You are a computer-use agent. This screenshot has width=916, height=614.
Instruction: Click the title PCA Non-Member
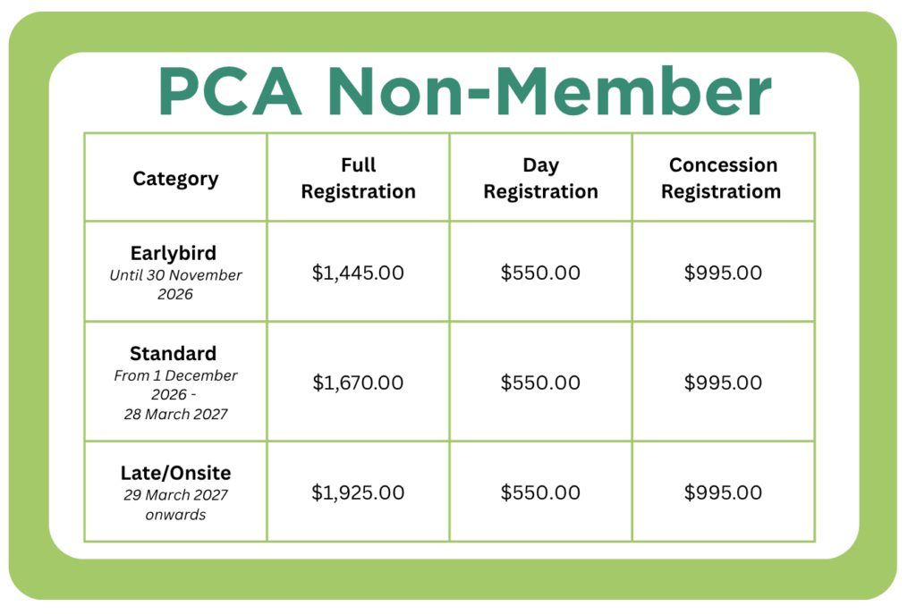[464, 91]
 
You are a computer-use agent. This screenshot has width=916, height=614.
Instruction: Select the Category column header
[175, 178]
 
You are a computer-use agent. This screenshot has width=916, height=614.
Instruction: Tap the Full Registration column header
[358, 178]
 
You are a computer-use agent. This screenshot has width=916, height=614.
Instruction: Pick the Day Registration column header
[540, 178]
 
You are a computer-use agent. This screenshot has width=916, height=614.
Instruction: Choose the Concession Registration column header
[724, 178]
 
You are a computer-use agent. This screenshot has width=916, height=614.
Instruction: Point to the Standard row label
[173, 353]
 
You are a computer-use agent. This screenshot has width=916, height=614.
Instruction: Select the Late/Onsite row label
[175, 473]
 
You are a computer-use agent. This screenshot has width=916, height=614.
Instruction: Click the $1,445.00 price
[358, 273]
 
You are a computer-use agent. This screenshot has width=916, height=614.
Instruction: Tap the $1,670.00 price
[358, 383]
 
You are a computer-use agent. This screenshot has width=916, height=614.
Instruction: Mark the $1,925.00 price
[358, 492]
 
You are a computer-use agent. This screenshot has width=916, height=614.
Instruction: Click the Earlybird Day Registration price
[540, 273]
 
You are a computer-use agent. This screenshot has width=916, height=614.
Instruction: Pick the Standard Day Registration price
[540, 383]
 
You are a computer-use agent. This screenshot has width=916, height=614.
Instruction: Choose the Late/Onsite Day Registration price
[540, 492]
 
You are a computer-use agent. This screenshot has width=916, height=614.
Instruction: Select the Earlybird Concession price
[724, 273]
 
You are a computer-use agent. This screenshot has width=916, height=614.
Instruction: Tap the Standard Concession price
[724, 383]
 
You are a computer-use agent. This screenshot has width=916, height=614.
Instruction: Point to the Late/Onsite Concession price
[724, 492]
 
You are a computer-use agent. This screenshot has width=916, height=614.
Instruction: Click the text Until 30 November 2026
[175, 284]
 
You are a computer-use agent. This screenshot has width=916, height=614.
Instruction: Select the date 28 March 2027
[175, 414]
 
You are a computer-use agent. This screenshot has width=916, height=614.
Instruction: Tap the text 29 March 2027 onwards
[175, 504]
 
